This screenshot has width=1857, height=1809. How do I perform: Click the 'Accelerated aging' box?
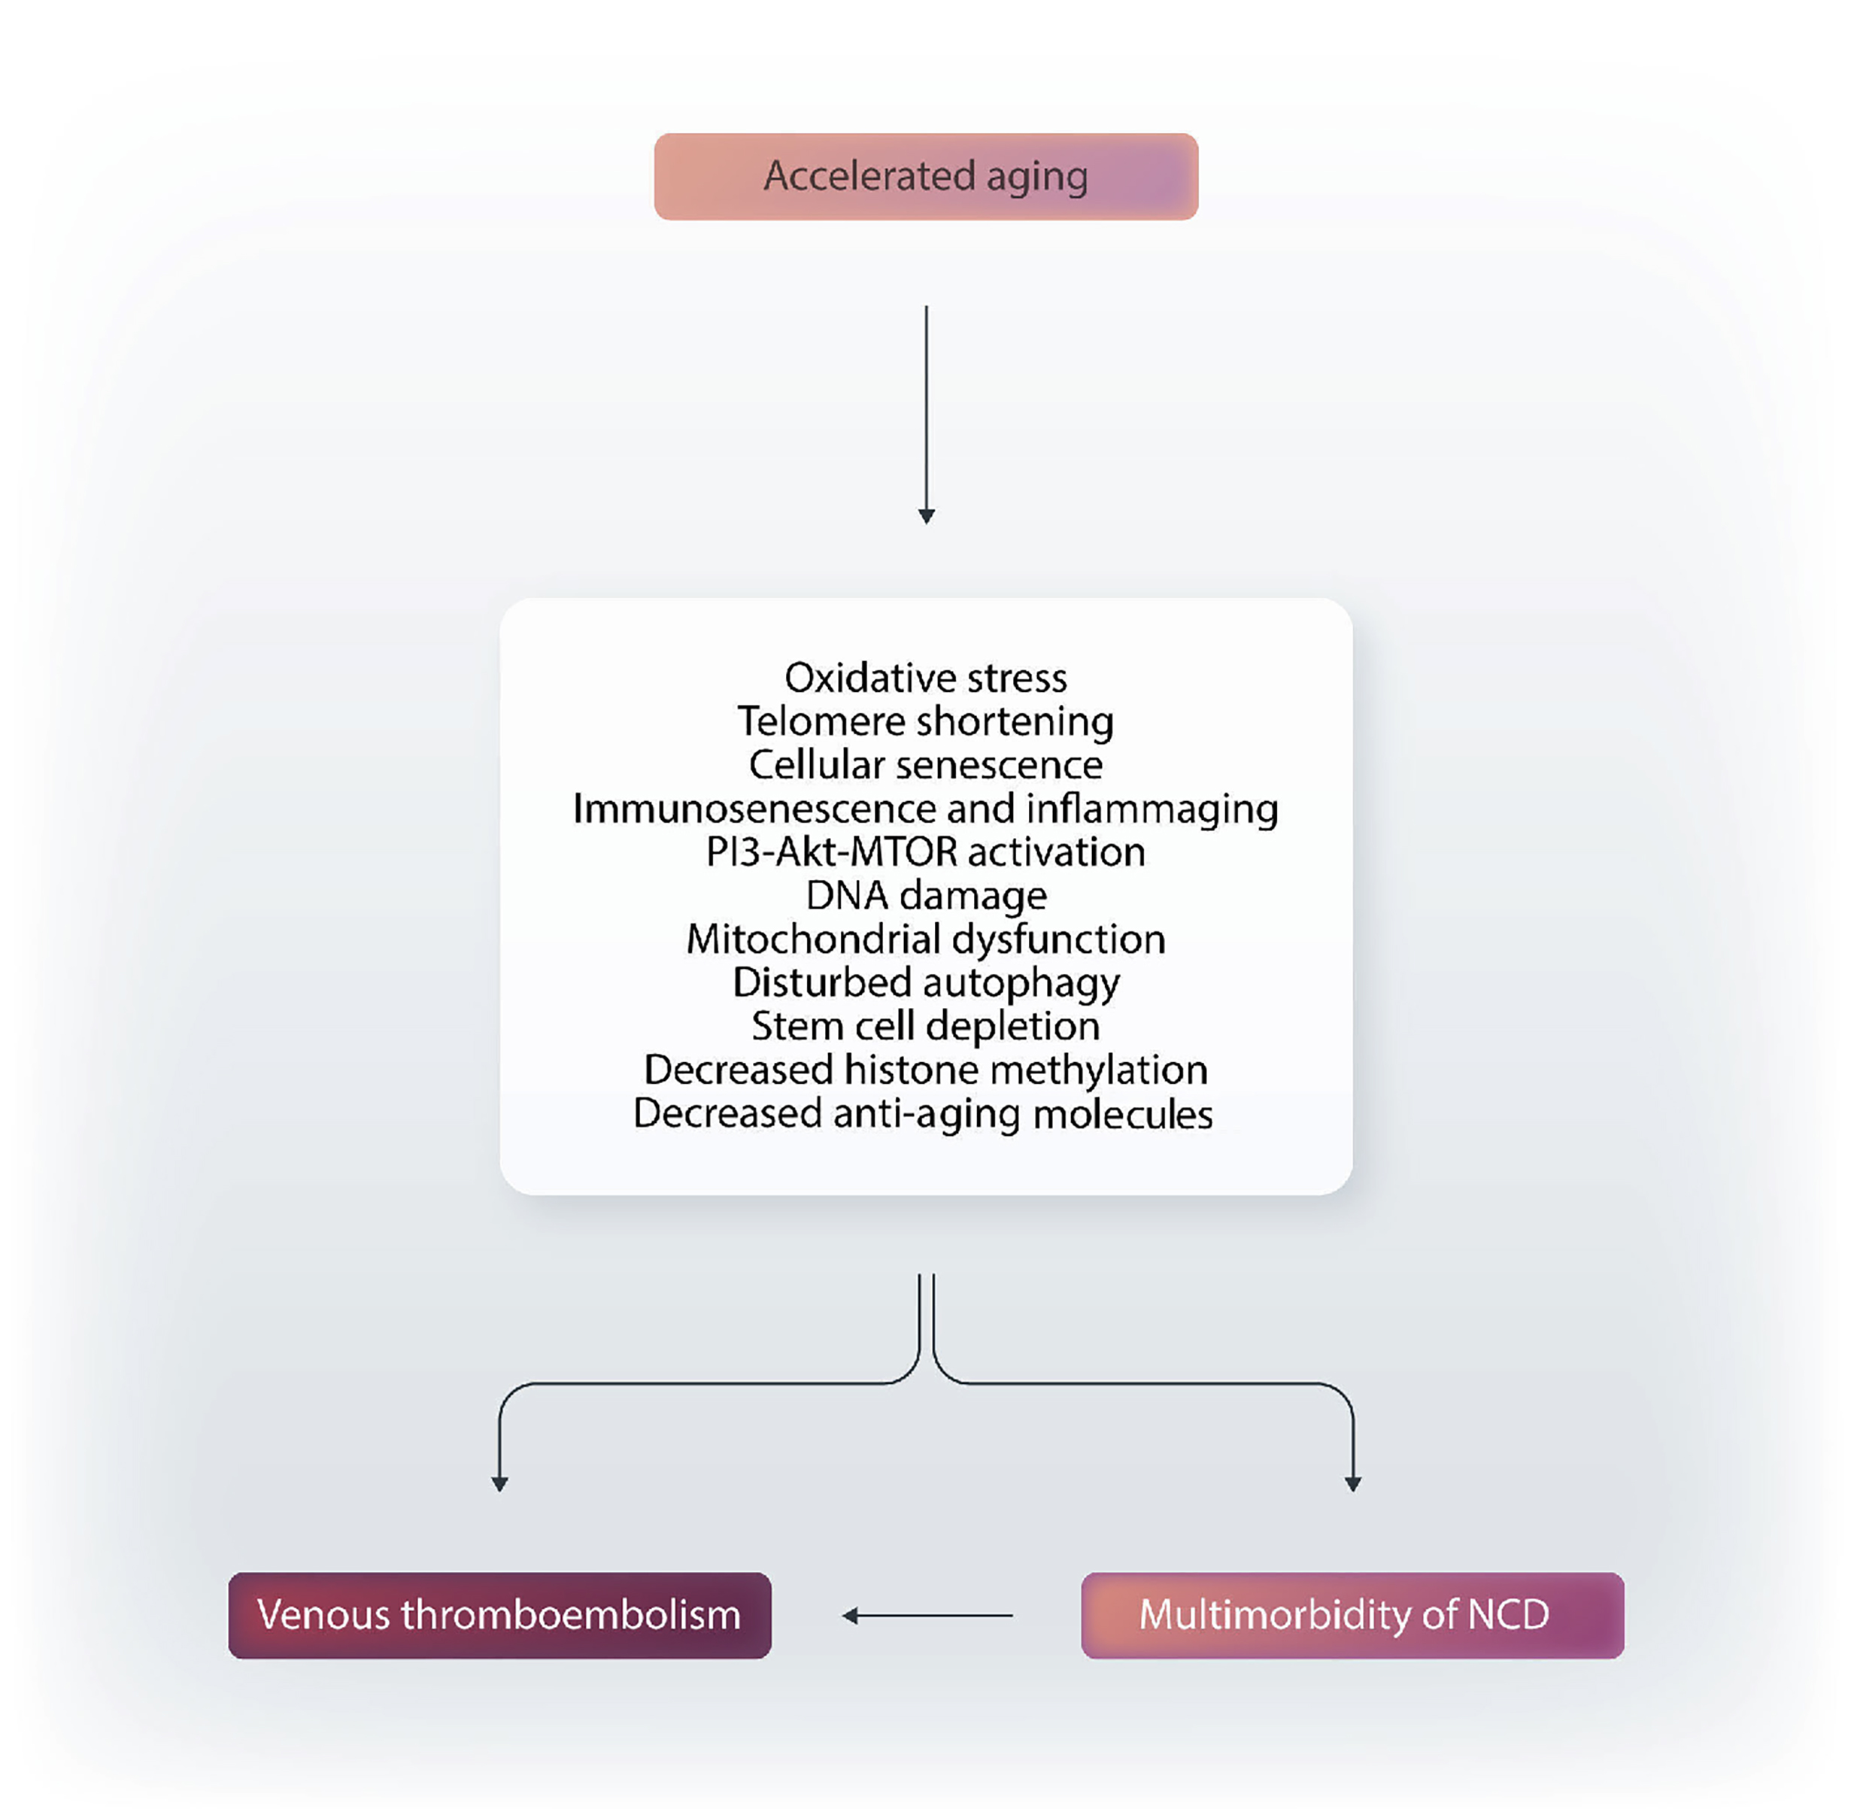[925, 177]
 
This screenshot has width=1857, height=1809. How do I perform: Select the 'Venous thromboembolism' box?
[499, 1615]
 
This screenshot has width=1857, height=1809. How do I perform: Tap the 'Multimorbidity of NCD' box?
[1352, 1615]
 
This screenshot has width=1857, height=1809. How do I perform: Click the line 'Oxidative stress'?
[925, 678]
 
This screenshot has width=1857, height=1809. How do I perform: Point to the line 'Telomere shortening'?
[925, 722]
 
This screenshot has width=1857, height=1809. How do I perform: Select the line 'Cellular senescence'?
[925, 765]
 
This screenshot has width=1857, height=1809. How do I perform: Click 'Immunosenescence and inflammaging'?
[925, 809]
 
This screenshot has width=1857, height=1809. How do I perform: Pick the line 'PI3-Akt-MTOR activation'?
[925, 852]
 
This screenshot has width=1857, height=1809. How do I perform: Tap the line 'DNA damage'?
[925, 896]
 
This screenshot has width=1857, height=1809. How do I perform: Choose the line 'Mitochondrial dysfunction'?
[925, 939]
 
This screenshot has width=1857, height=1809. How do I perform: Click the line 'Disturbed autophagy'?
[925, 983]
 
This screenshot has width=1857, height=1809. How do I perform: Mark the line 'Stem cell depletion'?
[925, 1027]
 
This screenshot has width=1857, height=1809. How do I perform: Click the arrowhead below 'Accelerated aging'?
[926, 516]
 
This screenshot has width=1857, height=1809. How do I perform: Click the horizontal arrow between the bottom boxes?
[926, 1615]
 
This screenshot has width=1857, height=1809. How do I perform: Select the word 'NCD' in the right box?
[1509, 1615]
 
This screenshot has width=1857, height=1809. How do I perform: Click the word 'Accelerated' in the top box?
[869, 177]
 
